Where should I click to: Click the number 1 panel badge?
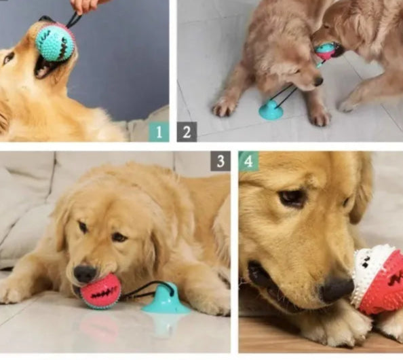(x=158, y=131)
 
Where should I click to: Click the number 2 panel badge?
(x=187, y=131)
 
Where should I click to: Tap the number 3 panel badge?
(x=220, y=161)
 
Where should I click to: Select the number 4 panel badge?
(x=248, y=161)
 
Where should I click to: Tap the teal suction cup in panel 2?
(x=271, y=111)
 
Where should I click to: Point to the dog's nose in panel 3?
(x=85, y=274)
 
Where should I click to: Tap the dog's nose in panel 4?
(x=337, y=289)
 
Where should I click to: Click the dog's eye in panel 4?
(x=292, y=198)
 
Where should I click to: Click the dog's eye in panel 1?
(x=9, y=58)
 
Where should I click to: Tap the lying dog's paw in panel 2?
(x=225, y=107)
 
